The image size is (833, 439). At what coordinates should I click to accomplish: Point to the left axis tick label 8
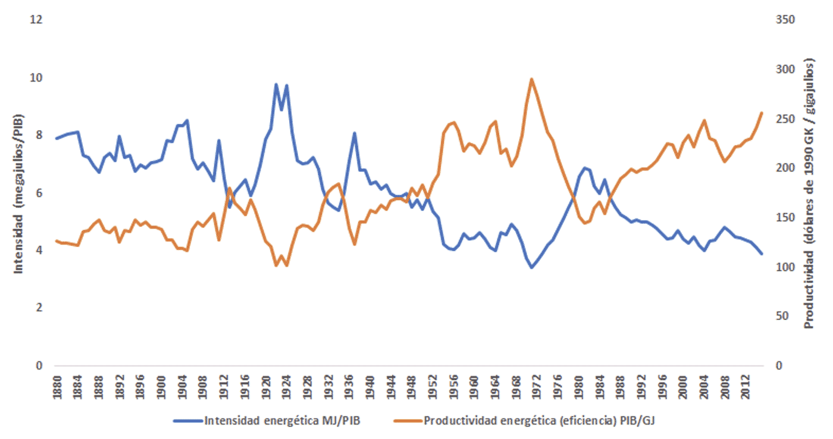pyautogui.click(x=39, y=135)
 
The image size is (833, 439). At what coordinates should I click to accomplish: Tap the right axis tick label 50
pyautogui.click(x=783, y=316)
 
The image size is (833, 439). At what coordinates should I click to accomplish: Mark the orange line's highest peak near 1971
pyautogui.click(x=531, y=79)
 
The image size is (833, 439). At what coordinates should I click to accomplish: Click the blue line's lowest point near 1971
pyautogui.click(x=532, y=268)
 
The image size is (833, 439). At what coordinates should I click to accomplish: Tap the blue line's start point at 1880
pyautogui.click(x=56, y=139)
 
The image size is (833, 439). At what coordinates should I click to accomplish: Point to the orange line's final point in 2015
pyautogui.click(x=762, y=113)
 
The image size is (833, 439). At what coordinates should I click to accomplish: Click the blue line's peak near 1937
pyautogui.click(x=355, y=133)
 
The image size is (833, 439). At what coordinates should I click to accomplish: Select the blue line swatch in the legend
pyautogui.click(x=187, y=421)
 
